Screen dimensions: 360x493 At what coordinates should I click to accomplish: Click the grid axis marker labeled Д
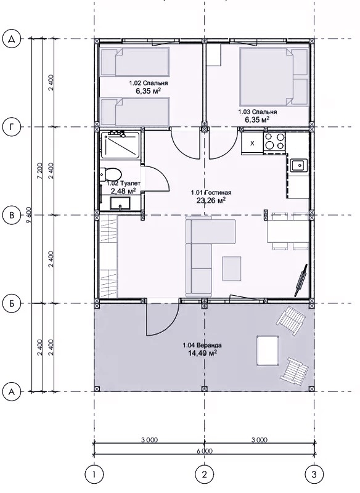[x=12, y=39]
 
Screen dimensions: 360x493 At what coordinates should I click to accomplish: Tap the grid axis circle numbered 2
[x=205, y=474]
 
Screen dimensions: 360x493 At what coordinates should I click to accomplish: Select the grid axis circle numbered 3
[x=314, y=474]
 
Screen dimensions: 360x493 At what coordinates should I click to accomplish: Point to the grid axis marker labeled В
[x=12, y=215]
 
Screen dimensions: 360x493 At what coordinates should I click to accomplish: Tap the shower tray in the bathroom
[x=120, y=145]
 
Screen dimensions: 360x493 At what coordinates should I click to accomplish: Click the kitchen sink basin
[x=299, y=165]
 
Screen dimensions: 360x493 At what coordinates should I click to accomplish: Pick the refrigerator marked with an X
[x=252, y=143]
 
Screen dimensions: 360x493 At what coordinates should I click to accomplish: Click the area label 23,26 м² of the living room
[x=211, y=200]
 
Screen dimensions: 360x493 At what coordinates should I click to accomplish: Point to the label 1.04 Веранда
[x=202, y=345]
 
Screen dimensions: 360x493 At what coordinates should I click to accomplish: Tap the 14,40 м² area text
[x=202, y=353]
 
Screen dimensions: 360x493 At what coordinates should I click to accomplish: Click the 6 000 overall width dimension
[x=205, y=451]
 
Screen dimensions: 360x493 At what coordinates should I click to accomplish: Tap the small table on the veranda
[x=268, y=351]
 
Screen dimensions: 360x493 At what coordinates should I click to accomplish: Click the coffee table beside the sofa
[x=232, y=269]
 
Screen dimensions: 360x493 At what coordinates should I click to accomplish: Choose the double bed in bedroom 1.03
[x=273, y=76]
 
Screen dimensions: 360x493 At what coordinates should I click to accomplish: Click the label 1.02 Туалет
[x=123, y=183]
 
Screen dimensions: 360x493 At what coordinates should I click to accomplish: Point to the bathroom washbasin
[x=120, y=203]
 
